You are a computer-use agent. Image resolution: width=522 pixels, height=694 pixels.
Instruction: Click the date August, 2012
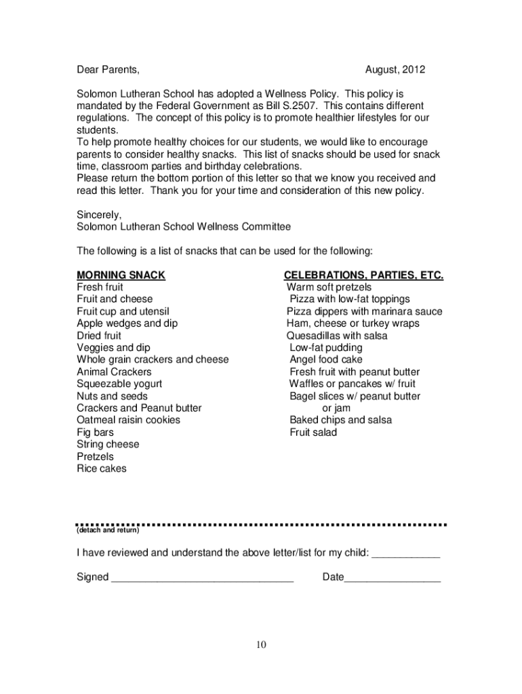click(395, 70)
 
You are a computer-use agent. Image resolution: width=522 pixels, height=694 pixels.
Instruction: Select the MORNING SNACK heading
click(121, 275)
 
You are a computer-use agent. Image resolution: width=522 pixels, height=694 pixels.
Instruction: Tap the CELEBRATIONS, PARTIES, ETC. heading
click(363, 275)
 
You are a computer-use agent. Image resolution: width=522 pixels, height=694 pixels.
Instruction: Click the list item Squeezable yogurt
click(119, 384)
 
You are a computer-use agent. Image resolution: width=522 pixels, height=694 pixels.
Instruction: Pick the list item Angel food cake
click(326, 359)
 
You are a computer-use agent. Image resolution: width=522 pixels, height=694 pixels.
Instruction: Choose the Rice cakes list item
click(102, 468)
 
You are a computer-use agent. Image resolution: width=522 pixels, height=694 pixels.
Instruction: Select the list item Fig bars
click(96, 432)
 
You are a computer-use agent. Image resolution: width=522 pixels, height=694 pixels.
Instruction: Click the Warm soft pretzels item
click(329, 287)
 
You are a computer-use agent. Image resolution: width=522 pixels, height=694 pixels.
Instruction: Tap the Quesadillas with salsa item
click(337, 335)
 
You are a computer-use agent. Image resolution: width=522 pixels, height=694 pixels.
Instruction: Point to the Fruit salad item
click(313, 432)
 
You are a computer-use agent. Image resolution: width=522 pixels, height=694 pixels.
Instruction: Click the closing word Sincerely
click(100, 214)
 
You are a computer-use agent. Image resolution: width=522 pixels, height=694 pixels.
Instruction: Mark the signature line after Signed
click(202, 578)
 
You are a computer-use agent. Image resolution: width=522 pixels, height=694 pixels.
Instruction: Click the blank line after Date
click(393, 578)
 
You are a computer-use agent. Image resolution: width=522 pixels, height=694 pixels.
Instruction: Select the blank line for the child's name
click(407, 554)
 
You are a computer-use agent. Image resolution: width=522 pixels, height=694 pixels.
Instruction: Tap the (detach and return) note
click(108, 531)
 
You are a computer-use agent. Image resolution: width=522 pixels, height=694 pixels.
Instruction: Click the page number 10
click(262, 645)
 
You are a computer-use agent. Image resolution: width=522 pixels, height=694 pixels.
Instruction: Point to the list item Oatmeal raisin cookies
click(129, 420)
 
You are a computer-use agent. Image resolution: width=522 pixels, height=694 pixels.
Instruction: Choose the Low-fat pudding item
click(326, 348)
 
